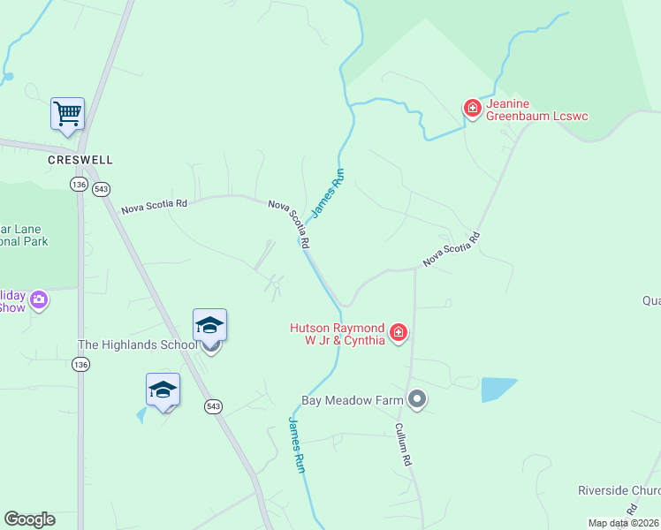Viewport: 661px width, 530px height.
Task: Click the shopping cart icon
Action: [67, 113]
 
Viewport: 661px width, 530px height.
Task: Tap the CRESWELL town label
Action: [80, 161]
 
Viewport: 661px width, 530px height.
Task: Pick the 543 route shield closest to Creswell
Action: [102, 189]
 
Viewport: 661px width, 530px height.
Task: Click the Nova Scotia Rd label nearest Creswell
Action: [155, 206]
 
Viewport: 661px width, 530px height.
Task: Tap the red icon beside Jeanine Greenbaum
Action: [473, 109]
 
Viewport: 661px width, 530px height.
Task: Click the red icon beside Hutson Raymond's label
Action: [399, 332]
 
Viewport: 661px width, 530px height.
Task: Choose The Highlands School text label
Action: [137, 344]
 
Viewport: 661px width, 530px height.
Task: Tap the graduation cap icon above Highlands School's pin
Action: [210, 325]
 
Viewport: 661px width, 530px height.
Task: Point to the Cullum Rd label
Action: [404, 443]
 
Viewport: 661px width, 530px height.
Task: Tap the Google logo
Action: [29, 519]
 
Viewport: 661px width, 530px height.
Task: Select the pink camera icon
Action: [39, 300]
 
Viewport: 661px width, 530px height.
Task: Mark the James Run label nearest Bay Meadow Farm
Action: [297, 444]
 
